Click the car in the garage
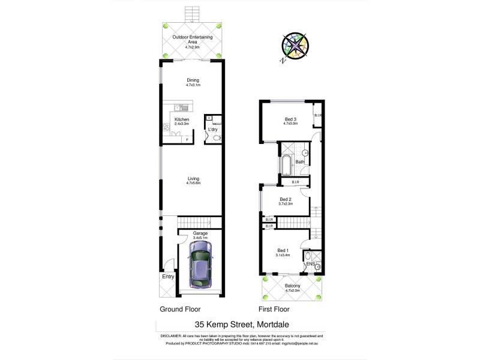coord(199,268)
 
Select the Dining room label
coord(193,80)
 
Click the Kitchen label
coord(182,119)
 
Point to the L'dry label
coord(212,130)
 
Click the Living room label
coord(193,178)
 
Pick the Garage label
coord(200,233)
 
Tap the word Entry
coord(167,277)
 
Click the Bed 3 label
coord(291,119)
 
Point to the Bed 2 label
coord(286,199)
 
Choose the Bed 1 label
coord(283,250)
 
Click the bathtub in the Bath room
coord(285,164)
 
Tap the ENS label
coord(310,264)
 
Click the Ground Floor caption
coord(179,310)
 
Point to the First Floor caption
coord(274,310)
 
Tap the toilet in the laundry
coord(217,139)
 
